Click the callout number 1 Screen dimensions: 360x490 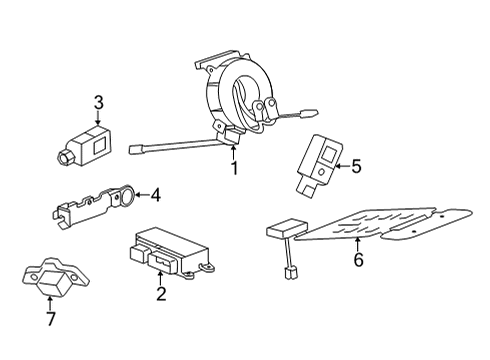click(234, 168)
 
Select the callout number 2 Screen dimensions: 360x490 click(159, 293)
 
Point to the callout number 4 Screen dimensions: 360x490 click(155, 196)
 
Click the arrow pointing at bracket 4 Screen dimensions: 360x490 click(140, 196)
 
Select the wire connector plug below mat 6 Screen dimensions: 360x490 click(291, 270)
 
